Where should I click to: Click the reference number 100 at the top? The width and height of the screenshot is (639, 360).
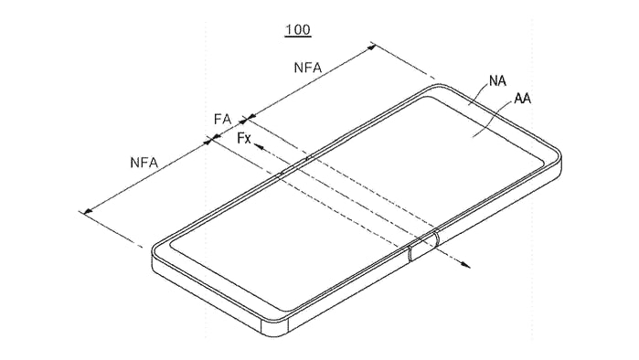[297, 30]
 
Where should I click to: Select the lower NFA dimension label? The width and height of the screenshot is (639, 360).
[144, 163]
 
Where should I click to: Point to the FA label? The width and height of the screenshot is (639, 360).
[222, 119]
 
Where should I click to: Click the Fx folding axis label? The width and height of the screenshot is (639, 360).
[244, 138]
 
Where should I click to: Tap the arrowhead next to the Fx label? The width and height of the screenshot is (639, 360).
[259, 144]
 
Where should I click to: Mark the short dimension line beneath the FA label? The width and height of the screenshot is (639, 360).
[229, 129]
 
